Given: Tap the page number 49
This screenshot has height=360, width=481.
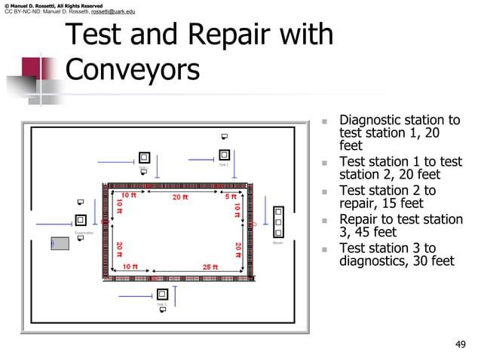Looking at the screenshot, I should (x=461, y=344).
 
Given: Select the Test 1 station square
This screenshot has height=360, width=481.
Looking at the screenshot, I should (x=143, y=158).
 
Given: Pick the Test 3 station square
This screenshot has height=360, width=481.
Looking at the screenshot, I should (x=161, y=294).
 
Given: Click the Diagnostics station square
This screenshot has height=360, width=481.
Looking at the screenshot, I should (x=81, y=221).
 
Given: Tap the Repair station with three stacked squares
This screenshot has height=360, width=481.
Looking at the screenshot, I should (x=278, y=223).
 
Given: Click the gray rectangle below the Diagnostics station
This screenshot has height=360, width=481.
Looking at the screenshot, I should (x=60, y=243).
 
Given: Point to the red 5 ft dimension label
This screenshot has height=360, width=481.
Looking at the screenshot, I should (x=231, y=197).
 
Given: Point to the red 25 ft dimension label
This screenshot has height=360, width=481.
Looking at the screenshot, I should (x=211, y=267).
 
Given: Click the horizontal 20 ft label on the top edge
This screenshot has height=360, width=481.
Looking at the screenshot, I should (x=180, y=197).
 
